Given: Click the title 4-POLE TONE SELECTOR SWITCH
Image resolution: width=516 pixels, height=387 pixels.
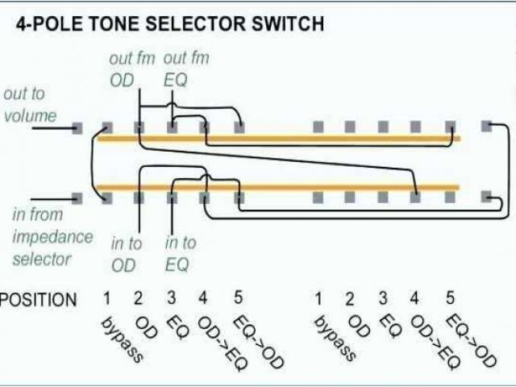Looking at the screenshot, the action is [169, 24].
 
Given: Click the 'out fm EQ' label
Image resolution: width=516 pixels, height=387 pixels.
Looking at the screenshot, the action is [186, 69].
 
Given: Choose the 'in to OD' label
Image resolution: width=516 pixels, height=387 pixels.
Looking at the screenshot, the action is [125, 253].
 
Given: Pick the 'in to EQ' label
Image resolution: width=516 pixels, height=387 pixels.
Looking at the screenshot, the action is [180, 253].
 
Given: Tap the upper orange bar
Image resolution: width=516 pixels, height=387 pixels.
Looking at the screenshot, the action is [278, 139].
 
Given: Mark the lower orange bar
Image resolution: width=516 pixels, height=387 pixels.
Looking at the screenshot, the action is [278, 189].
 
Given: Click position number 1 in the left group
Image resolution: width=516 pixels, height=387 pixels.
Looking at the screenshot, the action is [106, 299].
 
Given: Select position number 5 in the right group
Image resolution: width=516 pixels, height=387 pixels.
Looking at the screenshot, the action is [450, 298].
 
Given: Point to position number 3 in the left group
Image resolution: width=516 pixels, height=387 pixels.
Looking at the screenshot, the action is [172, 298].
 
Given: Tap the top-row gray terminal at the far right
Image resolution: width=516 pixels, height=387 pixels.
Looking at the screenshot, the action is [486, 127].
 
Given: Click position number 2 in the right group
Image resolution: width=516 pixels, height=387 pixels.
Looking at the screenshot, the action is [350, 299].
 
